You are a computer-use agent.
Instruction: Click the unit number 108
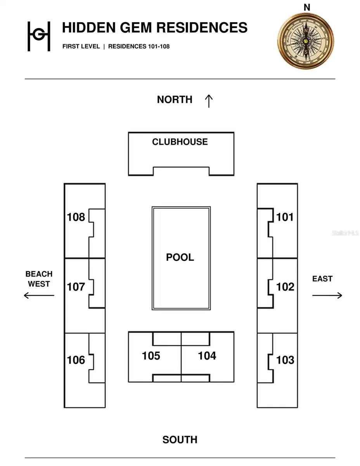click(x=76, y=217)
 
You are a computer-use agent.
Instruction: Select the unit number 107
click(x=76, y=287)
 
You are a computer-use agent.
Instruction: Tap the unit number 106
click(x=76, y=360)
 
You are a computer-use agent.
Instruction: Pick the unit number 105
click(x=151, y=356)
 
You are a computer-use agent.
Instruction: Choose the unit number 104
click(x=207, y=356)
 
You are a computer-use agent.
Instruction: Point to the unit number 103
click(x=285, y=360)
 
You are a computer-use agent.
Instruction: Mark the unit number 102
click(x=285, y=287)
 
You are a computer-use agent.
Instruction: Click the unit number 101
click(x=285, y=217)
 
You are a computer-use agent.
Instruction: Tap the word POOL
click(x=180, y=257)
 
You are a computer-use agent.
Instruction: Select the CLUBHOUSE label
click(x=180, y=142)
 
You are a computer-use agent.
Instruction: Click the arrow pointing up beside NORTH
click(x=209, y=101)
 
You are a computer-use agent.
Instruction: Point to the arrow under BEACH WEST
click(x=39, y=295)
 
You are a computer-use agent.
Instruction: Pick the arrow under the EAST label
click(x=327, y=295)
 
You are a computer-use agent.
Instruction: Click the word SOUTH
click(x=180, y=440)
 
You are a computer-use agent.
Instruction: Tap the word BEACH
click(x=39, y=274)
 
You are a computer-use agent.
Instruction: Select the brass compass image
click(x=306, y=41)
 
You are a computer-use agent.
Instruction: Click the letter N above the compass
click(x=307, y=7)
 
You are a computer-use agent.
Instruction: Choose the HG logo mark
click(x=39, y=36)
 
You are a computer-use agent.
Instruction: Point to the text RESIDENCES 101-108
click(x=139, y=46)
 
